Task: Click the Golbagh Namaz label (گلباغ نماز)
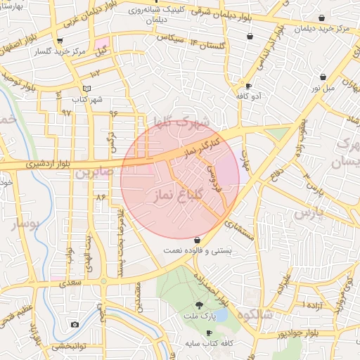pyautogui.click(x=179, y=194)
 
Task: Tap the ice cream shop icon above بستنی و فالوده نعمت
pyautogui.click(x=197, y=240)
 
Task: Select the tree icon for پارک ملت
pyautogui.click(x=200, y=305)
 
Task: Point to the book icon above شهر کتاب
pyautogui.click(x=87, y=89)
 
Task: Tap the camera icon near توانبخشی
pyautogui.click(x=75, y=324)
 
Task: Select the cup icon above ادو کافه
pyautogui.click(x=247, y=86)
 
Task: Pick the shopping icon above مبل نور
pyautogui.click(x=323, y=77)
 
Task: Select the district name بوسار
pyautogui.click(x=27, y=224)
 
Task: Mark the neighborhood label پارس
pyautogui.click(x=311, y=212)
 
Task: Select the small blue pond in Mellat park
pyautogui.click(x=220, y=316)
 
